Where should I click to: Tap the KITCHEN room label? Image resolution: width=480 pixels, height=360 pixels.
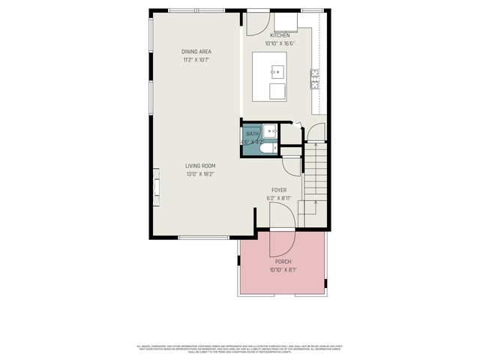coord(280,35)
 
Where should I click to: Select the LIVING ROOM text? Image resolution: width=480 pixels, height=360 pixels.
coord(201,166)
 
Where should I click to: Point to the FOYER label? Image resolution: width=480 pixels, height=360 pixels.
coord(279,190)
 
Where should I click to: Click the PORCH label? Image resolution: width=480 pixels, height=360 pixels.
coord(283,262)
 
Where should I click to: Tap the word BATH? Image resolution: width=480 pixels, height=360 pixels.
coord(252,133)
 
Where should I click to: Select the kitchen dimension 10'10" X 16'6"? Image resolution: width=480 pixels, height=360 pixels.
coord(280,43)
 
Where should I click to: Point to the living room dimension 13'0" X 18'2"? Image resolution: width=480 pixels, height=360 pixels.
coord(201,174)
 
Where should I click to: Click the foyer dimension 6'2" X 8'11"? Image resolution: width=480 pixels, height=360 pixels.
coord(279,199)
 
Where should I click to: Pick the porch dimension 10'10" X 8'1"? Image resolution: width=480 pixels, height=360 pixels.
coord(283,270)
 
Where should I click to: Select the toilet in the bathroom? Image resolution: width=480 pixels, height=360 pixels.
coord(264,148)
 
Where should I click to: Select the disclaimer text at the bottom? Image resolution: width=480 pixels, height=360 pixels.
coord(239,349)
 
